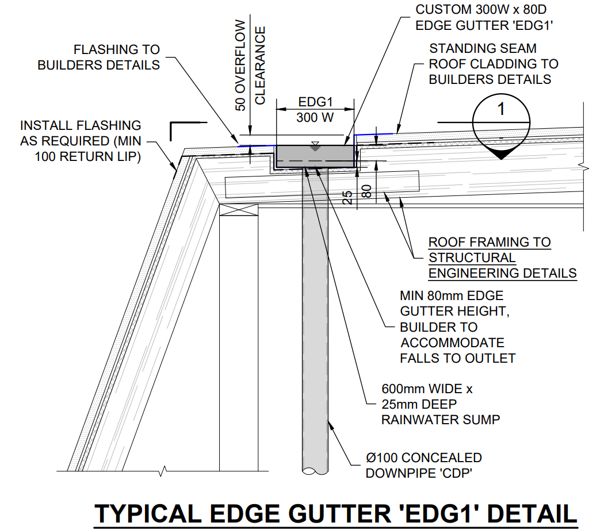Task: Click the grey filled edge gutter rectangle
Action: tap(315, 156)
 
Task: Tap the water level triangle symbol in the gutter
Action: tap(315, 145)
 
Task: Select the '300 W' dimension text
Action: tap(315, 117)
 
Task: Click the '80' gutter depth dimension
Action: tap(367, 191)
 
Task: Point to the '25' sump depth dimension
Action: tap(347, 197)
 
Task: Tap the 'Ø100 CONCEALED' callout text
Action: tap(424, 458)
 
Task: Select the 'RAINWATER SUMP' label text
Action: tap(441, 420)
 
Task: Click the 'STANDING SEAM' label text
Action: tap(483, 48)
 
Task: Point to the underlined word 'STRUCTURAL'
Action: tap(472, 258)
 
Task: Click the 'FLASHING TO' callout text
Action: tap(117, 49)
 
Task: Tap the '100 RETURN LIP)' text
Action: tap(88, 157)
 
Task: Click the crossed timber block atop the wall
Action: tap(239, 210)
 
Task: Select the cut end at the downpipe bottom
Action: tap(315, 471)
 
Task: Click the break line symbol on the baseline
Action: tap(163, 471)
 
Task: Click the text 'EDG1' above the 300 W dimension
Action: tap(315, 102)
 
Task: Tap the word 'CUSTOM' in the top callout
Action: tap(444, 10)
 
